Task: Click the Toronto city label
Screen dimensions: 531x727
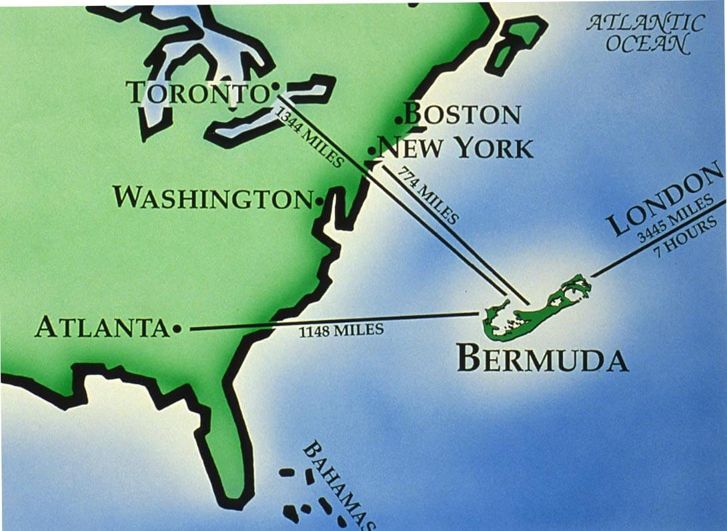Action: [x=197, y=93]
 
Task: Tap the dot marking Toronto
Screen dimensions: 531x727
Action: [x=275, y=87]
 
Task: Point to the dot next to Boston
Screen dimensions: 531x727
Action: [x=398, y=120]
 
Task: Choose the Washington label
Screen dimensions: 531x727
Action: [x=211, y=197]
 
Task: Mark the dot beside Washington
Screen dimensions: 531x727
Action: [x=319, y=200]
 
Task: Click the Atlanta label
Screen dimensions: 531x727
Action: [x=102, y=328]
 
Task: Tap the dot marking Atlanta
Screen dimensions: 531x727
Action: [x=176, y=328]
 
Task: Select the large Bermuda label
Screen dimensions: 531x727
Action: [x=542, y=360]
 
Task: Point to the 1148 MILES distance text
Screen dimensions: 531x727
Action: [x=341, y=330]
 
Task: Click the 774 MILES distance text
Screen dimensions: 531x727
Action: [x=428, y=195]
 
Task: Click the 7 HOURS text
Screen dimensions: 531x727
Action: [x=687, y=234]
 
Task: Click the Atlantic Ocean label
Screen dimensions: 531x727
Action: [x=646, y=33]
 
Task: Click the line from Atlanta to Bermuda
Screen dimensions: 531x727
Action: [x=267, y=325]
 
